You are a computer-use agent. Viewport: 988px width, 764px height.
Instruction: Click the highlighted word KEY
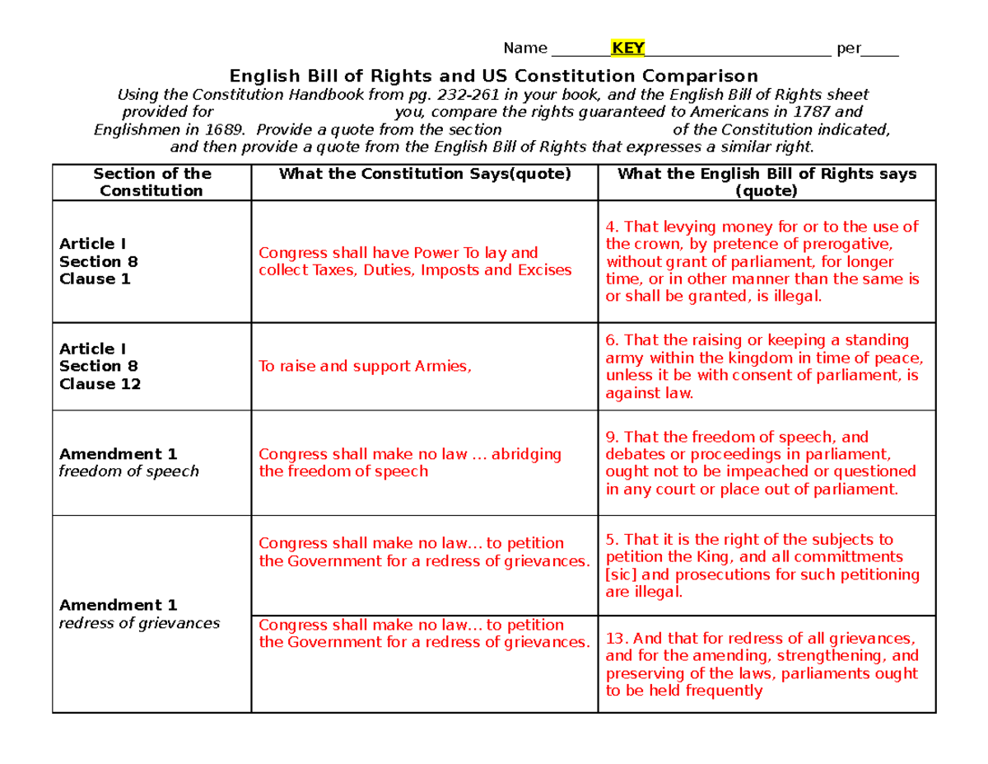[x=627, y=47]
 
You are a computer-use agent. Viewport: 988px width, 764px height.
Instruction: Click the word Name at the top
[x=525, y=48]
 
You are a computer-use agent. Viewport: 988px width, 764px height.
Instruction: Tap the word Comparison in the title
[x=701, y=75]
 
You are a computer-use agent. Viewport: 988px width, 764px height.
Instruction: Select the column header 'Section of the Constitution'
[x=151, y=182]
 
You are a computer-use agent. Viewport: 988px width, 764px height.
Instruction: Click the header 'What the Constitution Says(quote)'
[x=425, y=174]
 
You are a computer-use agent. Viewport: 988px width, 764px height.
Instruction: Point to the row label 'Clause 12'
[x=100, y=384]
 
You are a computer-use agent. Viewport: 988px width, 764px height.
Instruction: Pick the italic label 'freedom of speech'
[x=128, y=472]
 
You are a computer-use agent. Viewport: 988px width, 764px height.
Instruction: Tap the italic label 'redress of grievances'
[x=139, y=623]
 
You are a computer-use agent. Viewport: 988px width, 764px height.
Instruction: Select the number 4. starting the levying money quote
[x=611, y=227]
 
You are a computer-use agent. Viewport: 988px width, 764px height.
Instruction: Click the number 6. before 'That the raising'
[x=611, y=340]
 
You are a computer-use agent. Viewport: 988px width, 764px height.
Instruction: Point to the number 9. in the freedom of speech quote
[x=611, y=438]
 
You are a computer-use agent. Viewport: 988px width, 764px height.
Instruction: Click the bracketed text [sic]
[x=619, y=575]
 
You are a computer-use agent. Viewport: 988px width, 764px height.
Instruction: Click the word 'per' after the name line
[x=848, y=48]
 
